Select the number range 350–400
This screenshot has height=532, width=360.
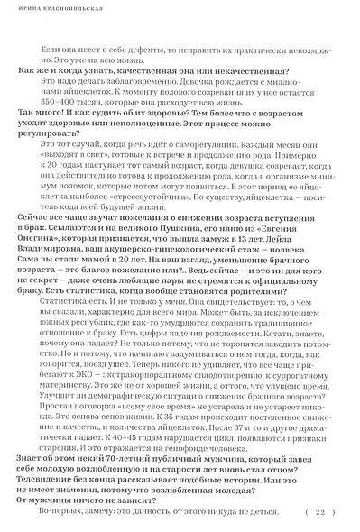[58, 126]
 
